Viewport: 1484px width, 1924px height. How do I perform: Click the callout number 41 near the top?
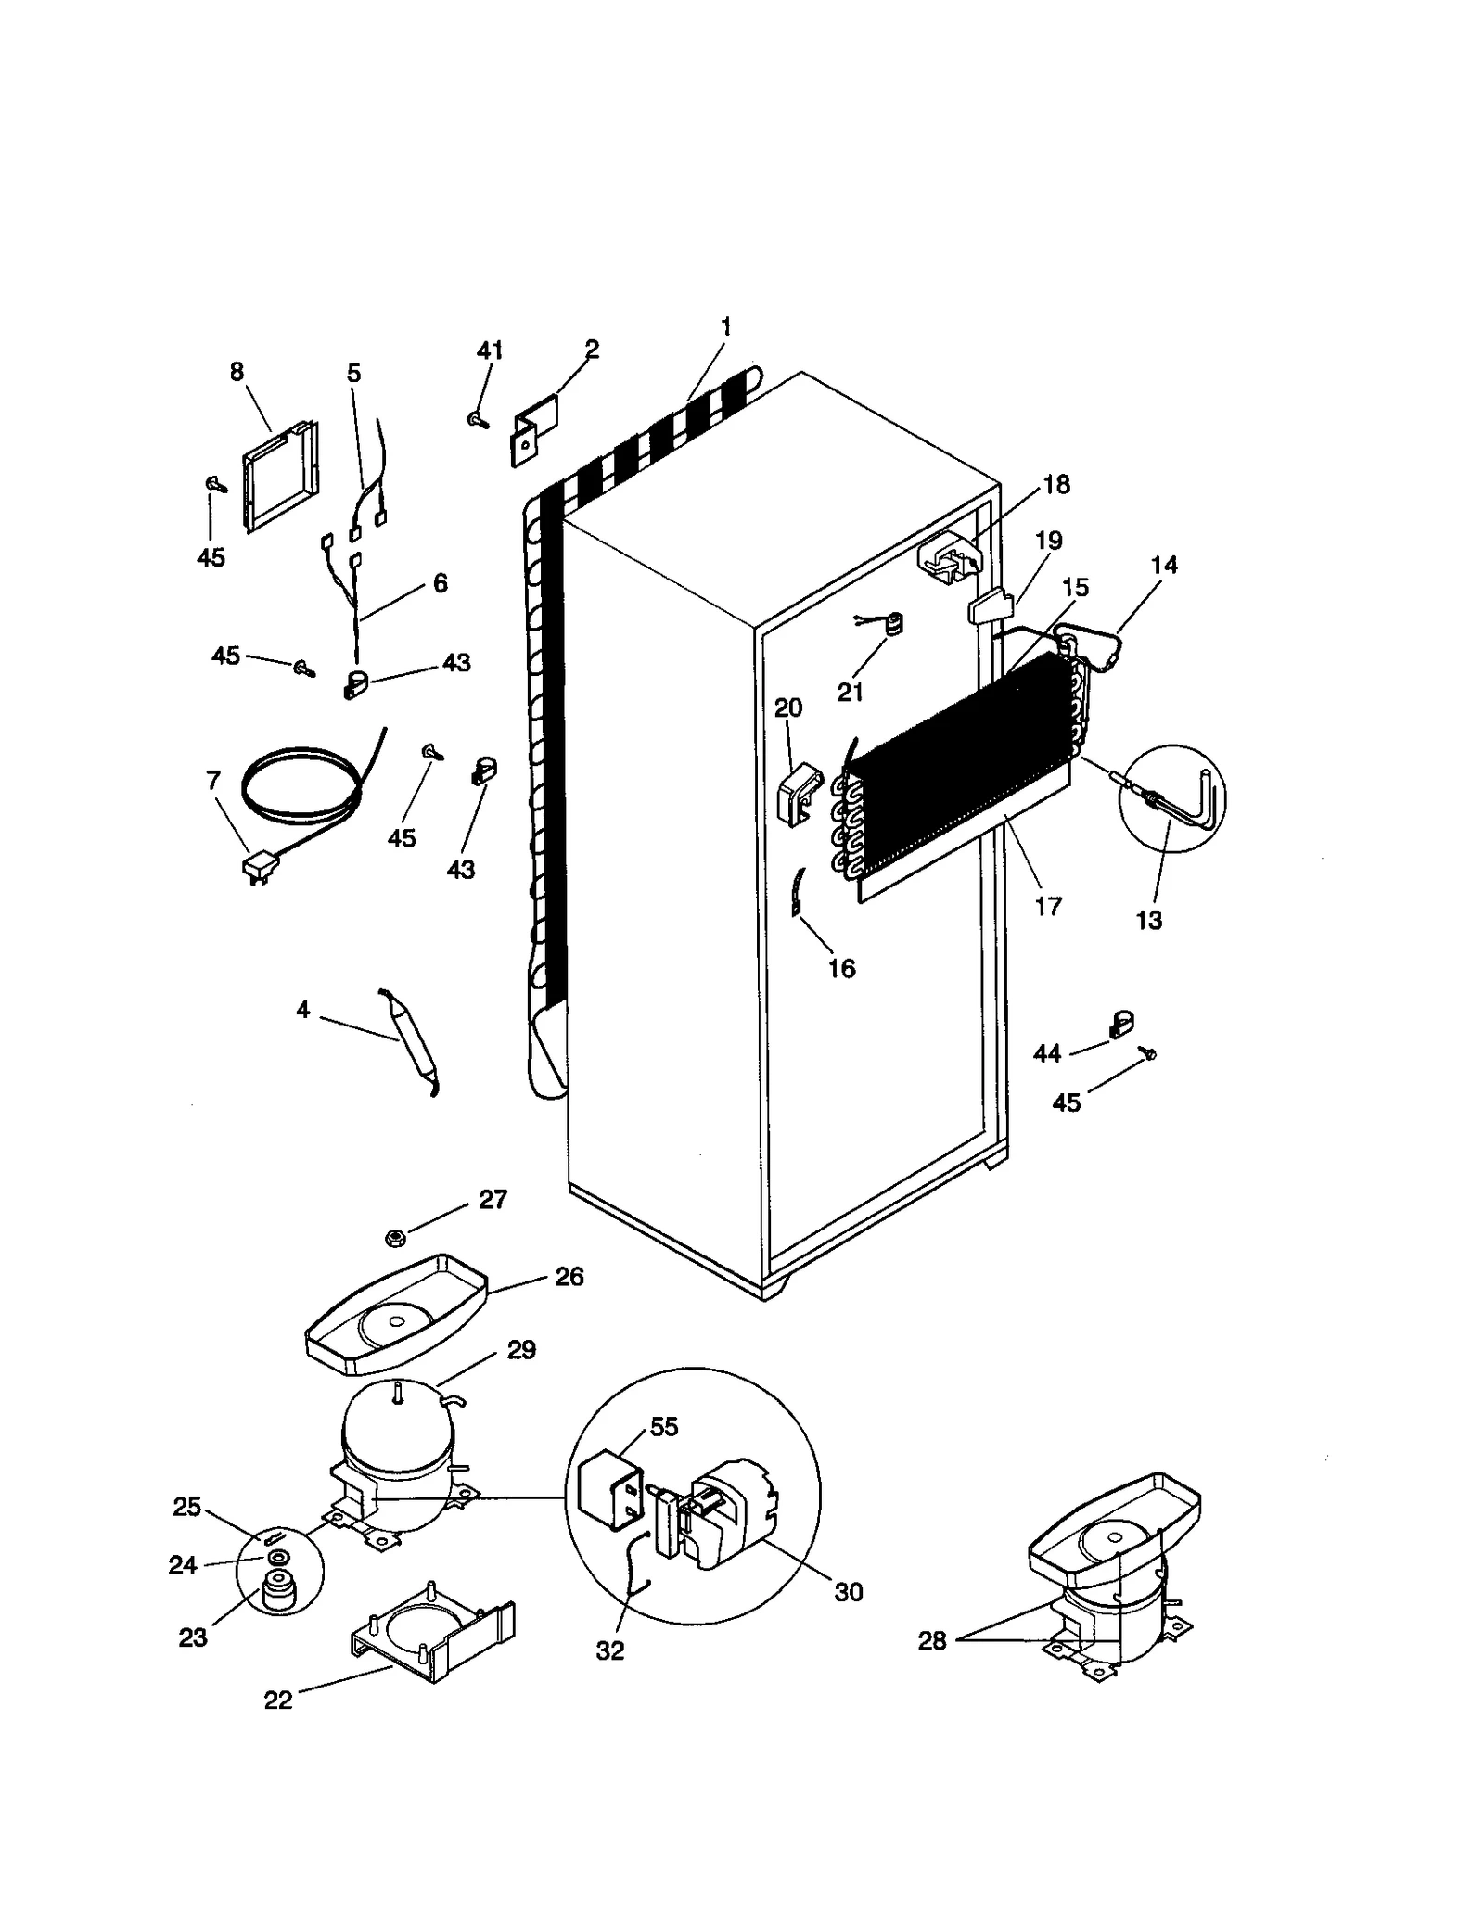coord(489,350)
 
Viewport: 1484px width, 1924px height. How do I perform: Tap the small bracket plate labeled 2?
coord(535,429)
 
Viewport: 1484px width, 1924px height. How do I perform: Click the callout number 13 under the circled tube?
coord(1148,920)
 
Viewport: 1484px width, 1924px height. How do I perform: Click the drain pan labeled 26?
coord(394,1315)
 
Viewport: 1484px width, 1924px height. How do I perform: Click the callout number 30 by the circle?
coord(848,1592)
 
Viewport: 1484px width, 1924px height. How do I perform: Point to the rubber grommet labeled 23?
coord(277,1593)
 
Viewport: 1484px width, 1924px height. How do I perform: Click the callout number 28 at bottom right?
coord(931,1640)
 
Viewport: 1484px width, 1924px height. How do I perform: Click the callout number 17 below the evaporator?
coord(1047,906)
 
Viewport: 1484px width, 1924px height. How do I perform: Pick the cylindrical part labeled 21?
coord(893,626)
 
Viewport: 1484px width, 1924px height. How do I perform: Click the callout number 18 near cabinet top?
coord(1055,484)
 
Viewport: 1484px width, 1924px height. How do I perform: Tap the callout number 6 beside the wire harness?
coord(440,582)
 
